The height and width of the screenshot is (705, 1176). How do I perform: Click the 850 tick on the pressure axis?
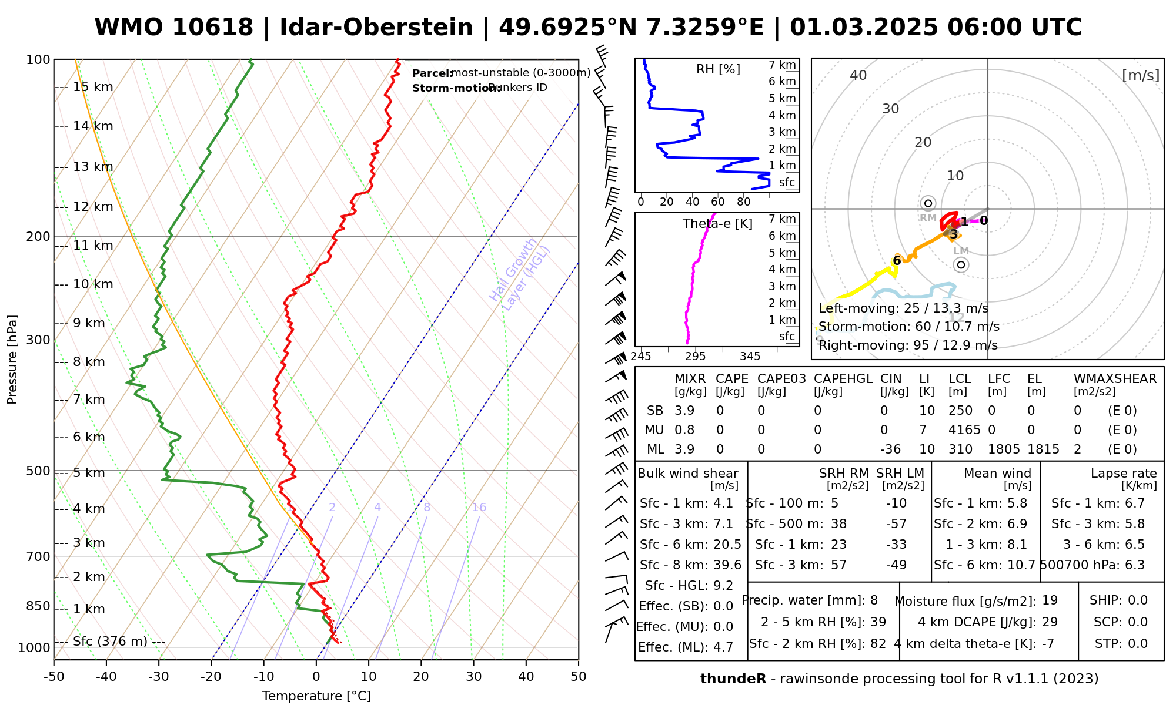click(38, 606)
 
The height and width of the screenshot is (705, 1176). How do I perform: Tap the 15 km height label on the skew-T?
click(93, 87)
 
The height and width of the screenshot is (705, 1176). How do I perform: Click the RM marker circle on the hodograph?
click(928, 203)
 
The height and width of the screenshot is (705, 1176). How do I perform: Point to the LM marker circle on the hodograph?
click(961, 265)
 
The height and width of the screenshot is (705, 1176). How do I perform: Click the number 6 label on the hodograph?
click(897, 261)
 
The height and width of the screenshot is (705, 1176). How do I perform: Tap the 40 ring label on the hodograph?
click(858, 75)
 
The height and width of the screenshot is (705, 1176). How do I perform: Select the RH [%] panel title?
click(718, 69)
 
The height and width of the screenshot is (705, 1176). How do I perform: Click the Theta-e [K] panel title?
click(717, 224)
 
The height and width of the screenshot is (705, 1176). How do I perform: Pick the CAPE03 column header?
click(781, 379)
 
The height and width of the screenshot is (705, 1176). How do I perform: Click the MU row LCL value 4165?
click(964, 430)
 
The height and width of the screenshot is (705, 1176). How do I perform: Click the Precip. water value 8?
click(874, 600)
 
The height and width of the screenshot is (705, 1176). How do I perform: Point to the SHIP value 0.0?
click(1138, 600)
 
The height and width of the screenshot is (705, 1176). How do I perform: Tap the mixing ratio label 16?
click(479, 508)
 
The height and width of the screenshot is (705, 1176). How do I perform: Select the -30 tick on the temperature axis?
click(159, 677)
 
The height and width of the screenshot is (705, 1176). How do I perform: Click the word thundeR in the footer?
click(733, 679)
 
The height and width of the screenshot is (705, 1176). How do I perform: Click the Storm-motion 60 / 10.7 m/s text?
click(908, 327)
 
